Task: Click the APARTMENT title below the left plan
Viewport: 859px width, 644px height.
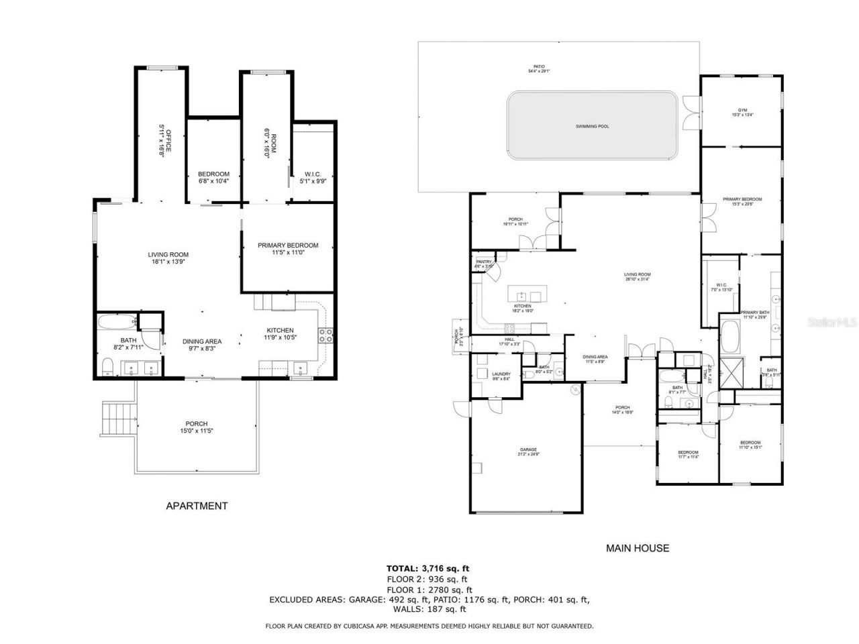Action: [x=197, y=506]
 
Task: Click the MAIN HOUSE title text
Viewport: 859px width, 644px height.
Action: [x=638, y=548]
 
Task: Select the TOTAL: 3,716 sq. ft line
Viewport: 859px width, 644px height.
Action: [x=427, y=568]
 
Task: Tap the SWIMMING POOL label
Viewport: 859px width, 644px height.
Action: [x=593, y=126]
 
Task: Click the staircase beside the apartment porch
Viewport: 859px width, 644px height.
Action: [x=117, y=419]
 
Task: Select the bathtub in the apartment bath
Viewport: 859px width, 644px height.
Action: [x=116, y=323]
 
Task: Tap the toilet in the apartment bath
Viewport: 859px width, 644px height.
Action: [x=107, y=366]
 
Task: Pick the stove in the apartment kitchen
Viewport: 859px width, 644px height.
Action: [x=325, y=335]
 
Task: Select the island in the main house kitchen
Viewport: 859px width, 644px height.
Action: [x=526, y=295]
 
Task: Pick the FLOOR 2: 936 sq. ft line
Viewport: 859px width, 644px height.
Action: [x=427, y=579]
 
